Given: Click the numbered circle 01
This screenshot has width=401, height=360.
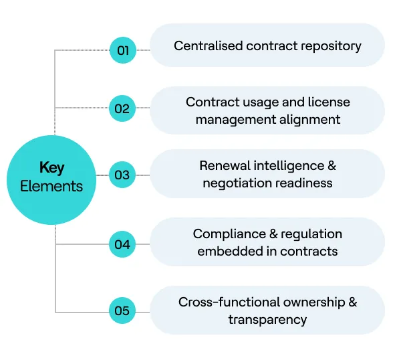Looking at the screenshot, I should pos(122,50).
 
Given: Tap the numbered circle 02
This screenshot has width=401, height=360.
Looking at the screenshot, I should pos(122,108).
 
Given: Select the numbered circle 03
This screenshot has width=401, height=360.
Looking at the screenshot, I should pos(122,175).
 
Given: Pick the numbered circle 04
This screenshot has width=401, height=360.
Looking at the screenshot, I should pos(122,244).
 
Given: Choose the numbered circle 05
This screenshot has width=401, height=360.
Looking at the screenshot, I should pos(122,311).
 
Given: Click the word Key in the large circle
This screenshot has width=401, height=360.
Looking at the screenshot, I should pos(51,167).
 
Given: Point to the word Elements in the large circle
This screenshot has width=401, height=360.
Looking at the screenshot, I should pos(51,186).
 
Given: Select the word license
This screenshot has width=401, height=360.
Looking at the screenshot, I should pos(328,102).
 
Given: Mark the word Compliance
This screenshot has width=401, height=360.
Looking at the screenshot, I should pos(225,234).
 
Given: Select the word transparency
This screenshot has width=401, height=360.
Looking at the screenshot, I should pos(267,319).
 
